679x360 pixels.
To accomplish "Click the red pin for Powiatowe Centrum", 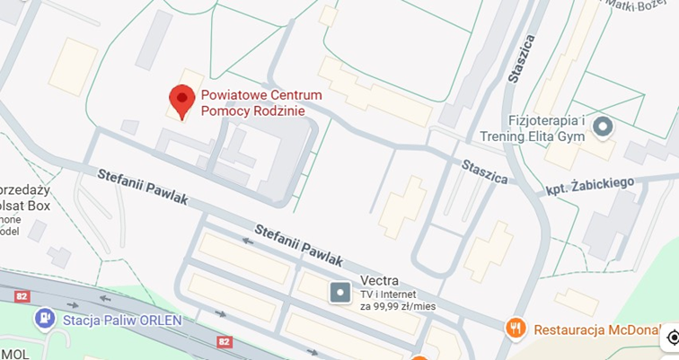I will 182,101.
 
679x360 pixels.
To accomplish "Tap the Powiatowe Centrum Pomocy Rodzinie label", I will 260,102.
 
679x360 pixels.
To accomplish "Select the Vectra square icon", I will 340,292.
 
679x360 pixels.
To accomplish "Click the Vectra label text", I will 379,279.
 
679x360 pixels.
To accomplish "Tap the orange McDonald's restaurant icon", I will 515,328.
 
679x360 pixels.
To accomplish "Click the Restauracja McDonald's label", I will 602,329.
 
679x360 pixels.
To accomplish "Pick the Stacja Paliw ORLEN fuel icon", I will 43,319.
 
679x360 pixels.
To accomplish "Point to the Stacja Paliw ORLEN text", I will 122,320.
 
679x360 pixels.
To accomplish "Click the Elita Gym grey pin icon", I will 603,127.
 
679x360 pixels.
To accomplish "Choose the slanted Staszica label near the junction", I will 484,171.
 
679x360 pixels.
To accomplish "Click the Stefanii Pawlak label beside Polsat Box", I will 143,187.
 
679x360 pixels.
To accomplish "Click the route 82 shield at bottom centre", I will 225,341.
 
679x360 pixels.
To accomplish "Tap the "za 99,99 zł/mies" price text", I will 398,306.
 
